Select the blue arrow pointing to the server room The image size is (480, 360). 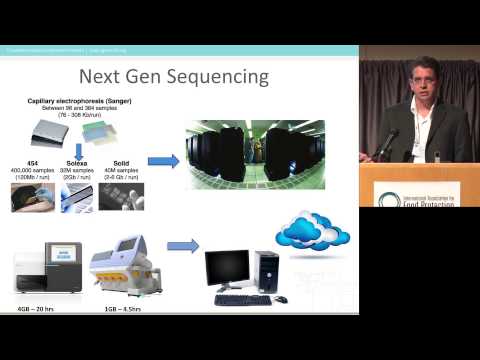163,161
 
